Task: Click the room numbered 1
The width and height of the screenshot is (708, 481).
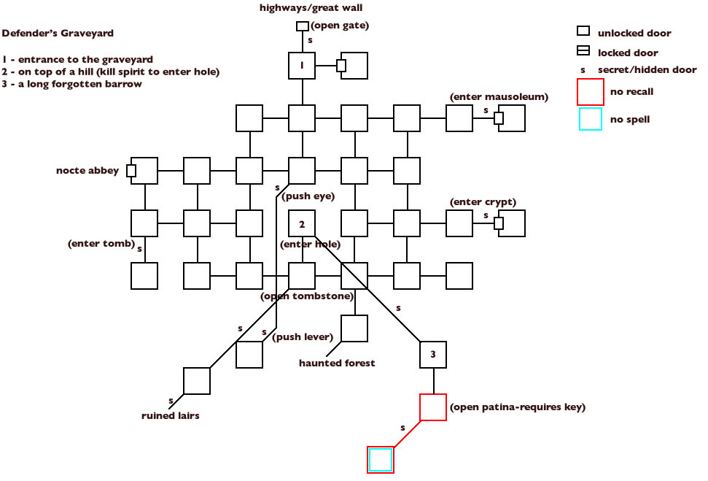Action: click(301, 66)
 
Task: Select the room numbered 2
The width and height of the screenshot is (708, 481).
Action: click(301, 223)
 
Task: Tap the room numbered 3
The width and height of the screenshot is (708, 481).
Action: click(432, 355)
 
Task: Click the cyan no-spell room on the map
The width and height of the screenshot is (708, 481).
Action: click(380, 460)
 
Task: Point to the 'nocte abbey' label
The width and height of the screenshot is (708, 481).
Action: click(87, 171)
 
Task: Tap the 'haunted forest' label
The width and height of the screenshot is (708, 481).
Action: click(337, 363)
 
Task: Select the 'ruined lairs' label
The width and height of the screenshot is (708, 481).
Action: click(170, 416)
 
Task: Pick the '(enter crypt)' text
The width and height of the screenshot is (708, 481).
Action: click(483, 201)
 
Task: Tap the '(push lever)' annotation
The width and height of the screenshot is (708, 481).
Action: click(303, 336)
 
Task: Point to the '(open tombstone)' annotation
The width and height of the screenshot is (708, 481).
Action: click(307, 296)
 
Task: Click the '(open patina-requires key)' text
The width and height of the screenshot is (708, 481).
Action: click(518, 407)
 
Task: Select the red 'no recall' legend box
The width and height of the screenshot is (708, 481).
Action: click(590, 92)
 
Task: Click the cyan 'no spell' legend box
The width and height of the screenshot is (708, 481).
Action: click(590, 119)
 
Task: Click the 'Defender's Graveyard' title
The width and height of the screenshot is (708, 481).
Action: click(58, 34)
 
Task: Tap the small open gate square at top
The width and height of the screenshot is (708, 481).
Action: click(302, 26)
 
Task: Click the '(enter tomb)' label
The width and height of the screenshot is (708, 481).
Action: click(101, 243)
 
